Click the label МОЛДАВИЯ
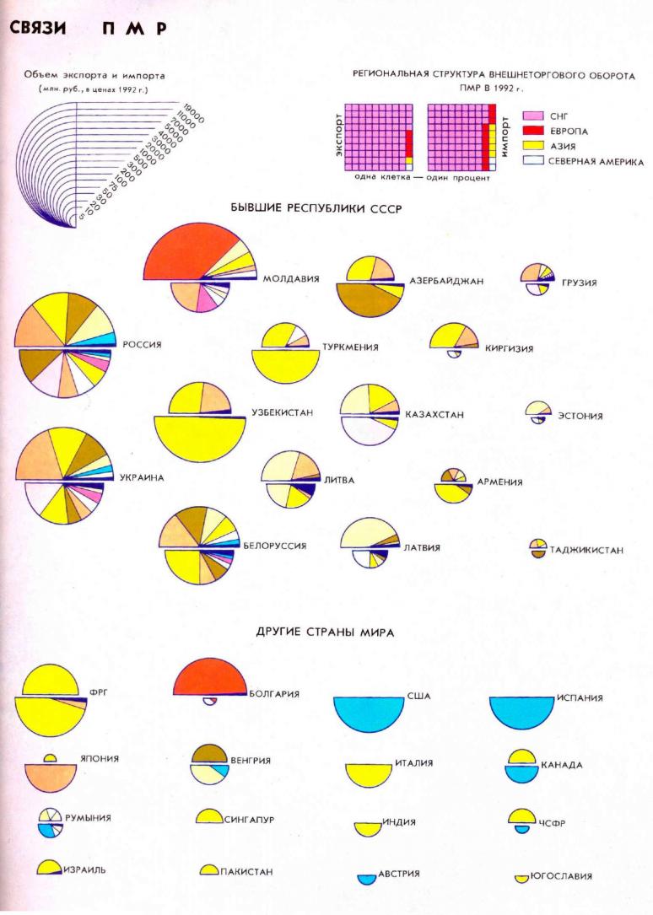tap(291, 278)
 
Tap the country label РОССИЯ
tap(142, 344)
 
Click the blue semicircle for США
tap(370, 713)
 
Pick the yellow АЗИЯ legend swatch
tap(532, 146)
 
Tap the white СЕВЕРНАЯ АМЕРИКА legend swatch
tap(532, 161)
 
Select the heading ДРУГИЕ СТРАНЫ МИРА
tap(325, 632)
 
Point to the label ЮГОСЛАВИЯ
tap(561, 876)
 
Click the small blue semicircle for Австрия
tap(366, 879)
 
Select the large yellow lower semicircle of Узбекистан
tap(198, 437)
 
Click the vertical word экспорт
tap(339, 138)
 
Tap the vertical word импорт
tap(504, 138)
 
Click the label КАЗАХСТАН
tap(434, 415)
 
